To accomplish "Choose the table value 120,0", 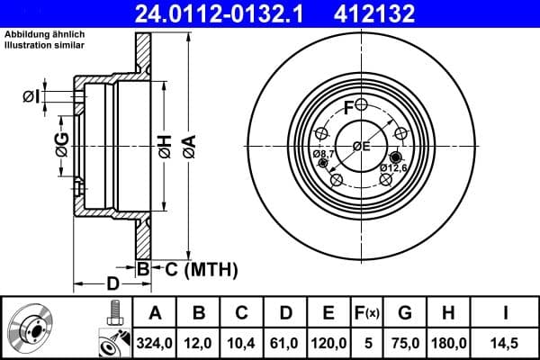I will coord(328,343).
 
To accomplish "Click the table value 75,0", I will coord(405,343).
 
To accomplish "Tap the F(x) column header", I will coord(367,313).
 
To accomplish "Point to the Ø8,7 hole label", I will coord(324,155).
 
